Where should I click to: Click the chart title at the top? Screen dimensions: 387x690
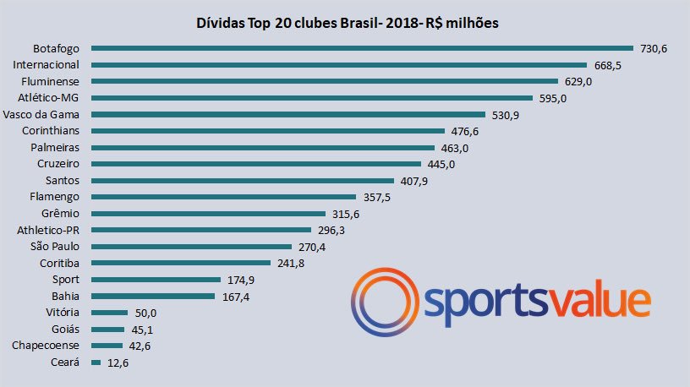coord(347,23)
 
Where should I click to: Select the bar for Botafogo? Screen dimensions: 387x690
coord(362,48)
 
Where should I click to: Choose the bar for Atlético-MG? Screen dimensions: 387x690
coord(311,98)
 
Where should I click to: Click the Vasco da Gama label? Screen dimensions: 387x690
coord(41,114)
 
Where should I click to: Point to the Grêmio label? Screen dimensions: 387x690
coord(61,214)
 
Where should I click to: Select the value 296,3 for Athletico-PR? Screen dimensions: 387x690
coord(333,230)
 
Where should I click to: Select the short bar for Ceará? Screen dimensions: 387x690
coord(96,362)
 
